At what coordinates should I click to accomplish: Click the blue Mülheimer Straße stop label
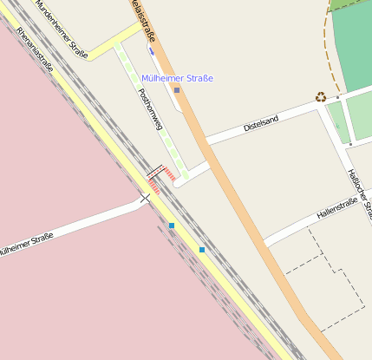pos(177,79)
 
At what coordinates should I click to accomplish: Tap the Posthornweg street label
pos(146,110)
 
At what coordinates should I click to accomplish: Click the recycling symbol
pos(321,97)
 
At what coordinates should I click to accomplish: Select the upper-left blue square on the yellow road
pos(172,226)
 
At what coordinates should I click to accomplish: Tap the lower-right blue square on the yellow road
pos(202,250)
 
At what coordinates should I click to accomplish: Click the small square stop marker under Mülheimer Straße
pos(177,90)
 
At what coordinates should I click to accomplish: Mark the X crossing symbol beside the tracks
pos(145,199)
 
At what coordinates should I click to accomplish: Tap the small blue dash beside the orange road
pos(153,50)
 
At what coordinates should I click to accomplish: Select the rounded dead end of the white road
pos(178,183)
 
